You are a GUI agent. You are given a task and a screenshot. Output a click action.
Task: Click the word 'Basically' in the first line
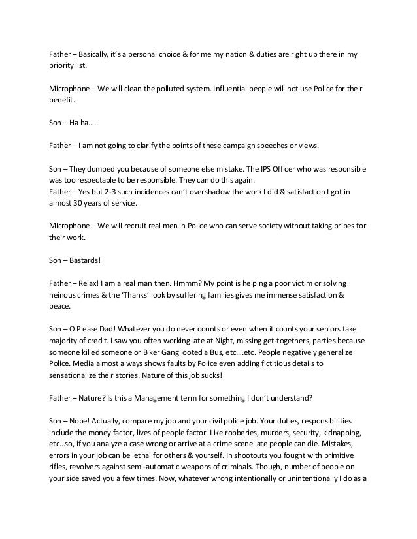coord(98,53)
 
